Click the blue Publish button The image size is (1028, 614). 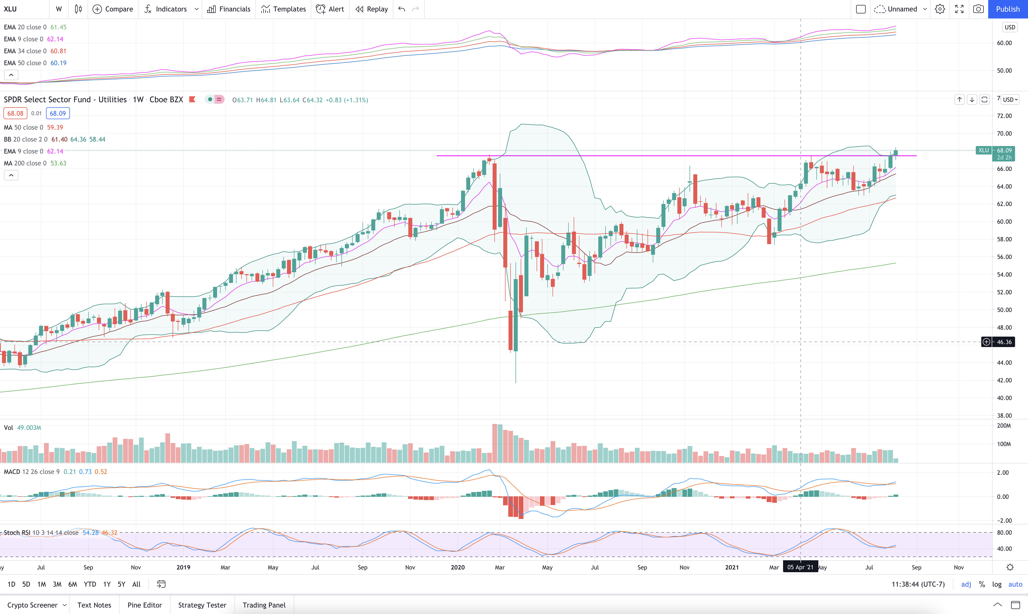click(1008, 9)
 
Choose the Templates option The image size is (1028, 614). click(284, 9)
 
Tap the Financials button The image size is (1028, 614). click(229, 9)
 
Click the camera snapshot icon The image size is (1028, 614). click(978, 9)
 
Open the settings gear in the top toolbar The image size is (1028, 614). click(940, 9)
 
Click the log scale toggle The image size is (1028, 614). click(997, 584)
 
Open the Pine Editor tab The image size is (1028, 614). click(145, 605)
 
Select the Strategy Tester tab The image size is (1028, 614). click(202, 605)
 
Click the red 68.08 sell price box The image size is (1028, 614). click(15, 113)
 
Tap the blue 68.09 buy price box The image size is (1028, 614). click(58, 113)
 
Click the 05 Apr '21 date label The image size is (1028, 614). click(800, 567)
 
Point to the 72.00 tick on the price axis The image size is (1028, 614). click(1004, 116)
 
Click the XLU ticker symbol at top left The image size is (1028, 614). click(10, 9)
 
